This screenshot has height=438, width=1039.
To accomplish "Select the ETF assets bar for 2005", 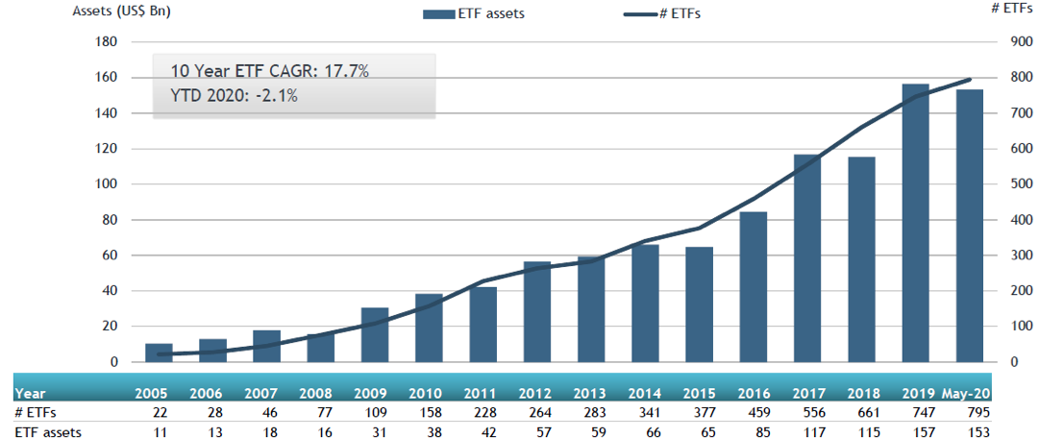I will (x=159, y=353).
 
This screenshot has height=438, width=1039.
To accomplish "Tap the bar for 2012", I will (x=537, y=311).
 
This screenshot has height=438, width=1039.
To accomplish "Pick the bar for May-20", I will (x=969, y=226).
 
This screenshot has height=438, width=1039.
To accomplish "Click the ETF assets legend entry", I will (x=465, y=14).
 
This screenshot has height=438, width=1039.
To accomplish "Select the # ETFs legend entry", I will (x=662, y=14).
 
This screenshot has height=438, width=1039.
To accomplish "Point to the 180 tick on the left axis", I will (x=106, y=42).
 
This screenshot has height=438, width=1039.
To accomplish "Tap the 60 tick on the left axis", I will (x=110, y=255).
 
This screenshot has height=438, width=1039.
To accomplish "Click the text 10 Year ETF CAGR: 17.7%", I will (x=270, y=71).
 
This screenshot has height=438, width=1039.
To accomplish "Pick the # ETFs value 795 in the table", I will (x=977, y=412).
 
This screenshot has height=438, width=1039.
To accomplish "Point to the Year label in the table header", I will (x=30, y=393).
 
